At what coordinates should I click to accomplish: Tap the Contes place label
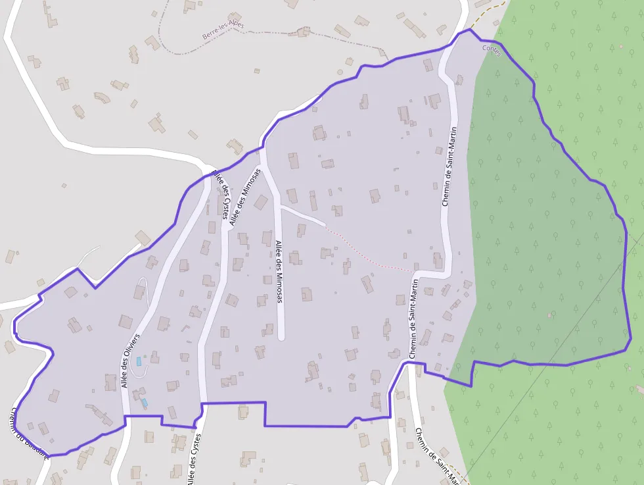491,51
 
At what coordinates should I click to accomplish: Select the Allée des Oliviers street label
131,361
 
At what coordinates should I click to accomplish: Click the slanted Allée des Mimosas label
244,197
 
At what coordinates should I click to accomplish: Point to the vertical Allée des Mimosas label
279,271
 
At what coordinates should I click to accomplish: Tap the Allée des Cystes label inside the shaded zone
221,193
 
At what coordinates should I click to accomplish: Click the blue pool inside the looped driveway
139,361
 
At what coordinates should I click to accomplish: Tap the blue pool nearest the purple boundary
144,402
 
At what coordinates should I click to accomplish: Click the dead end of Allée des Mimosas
281,337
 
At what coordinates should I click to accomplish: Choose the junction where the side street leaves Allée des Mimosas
279,207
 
